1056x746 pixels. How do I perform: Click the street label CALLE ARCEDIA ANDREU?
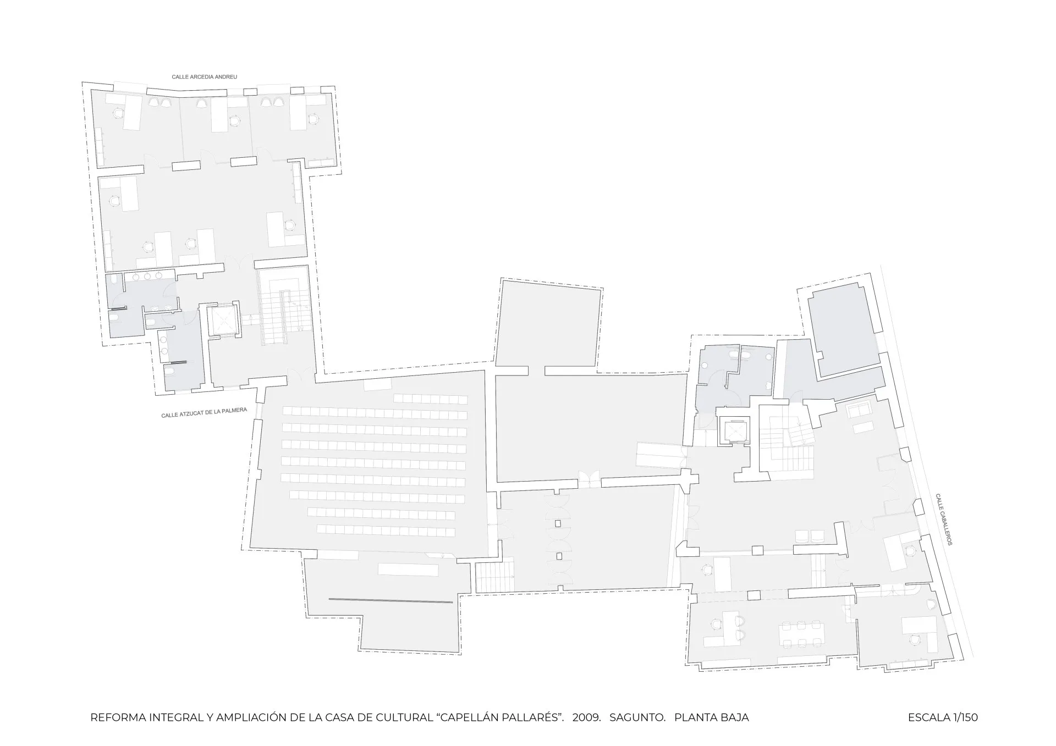[204, 77]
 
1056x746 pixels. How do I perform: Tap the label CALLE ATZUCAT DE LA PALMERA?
[204, 412]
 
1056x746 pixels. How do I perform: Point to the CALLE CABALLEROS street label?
[944, 519]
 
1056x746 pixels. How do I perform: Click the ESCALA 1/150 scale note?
[943, 717]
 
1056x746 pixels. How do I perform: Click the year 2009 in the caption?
[586, 717]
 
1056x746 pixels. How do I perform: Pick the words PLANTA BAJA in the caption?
[711, 717]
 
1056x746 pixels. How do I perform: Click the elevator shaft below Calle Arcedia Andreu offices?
[223, 320]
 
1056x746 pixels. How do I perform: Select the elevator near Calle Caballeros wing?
[734, 429]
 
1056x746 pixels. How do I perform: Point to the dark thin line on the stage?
[391, 601]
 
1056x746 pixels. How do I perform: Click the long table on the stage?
[408, 569]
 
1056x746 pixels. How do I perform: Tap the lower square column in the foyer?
[558, 556]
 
